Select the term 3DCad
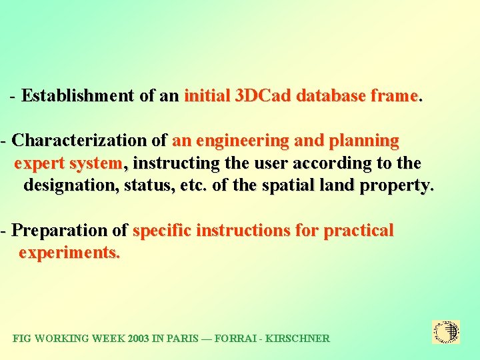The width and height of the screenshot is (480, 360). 263,96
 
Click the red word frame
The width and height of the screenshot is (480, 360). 394,96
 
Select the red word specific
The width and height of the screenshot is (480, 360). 162,231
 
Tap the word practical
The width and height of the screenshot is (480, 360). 359,231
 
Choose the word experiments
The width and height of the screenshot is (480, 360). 69,253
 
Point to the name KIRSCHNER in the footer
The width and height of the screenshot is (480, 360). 297,339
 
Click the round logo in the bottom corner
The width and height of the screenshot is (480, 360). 446,332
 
